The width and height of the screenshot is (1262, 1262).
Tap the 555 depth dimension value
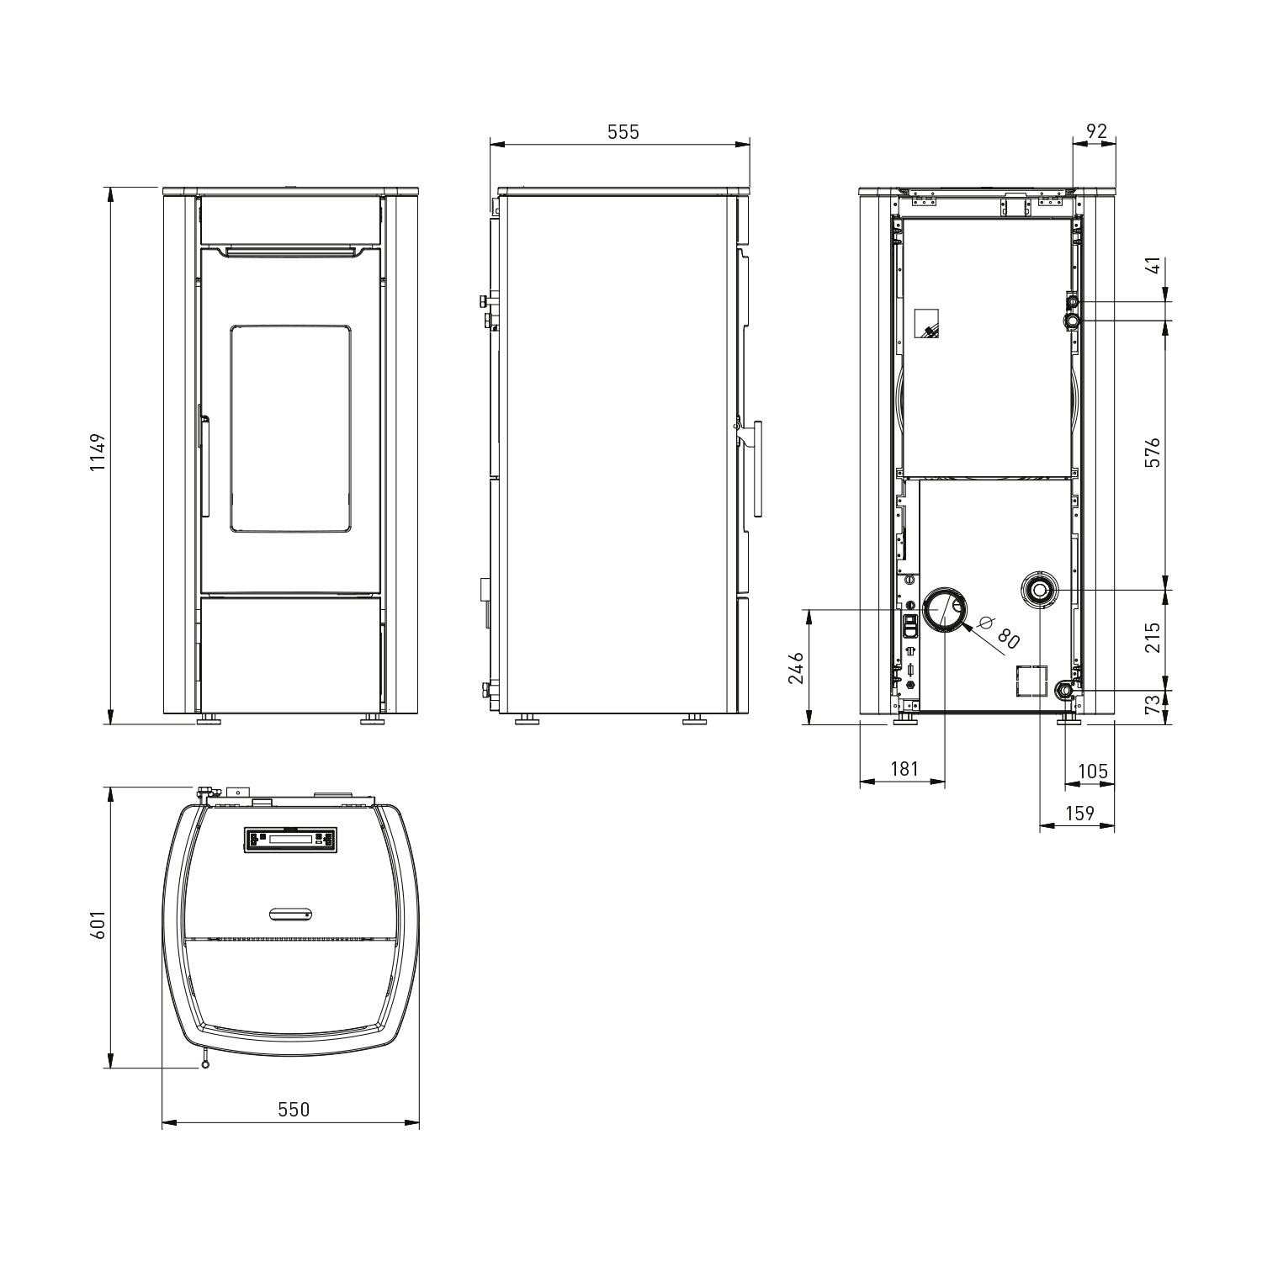click(623, 132)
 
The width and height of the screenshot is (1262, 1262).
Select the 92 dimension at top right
click(1097, 131)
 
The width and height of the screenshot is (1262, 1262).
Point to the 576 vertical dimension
click(1153, 452)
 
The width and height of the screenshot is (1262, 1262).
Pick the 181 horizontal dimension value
click(904, 768)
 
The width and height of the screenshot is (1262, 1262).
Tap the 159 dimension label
click(1079, 813)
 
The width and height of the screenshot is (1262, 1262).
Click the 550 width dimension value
click(294, 1110)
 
